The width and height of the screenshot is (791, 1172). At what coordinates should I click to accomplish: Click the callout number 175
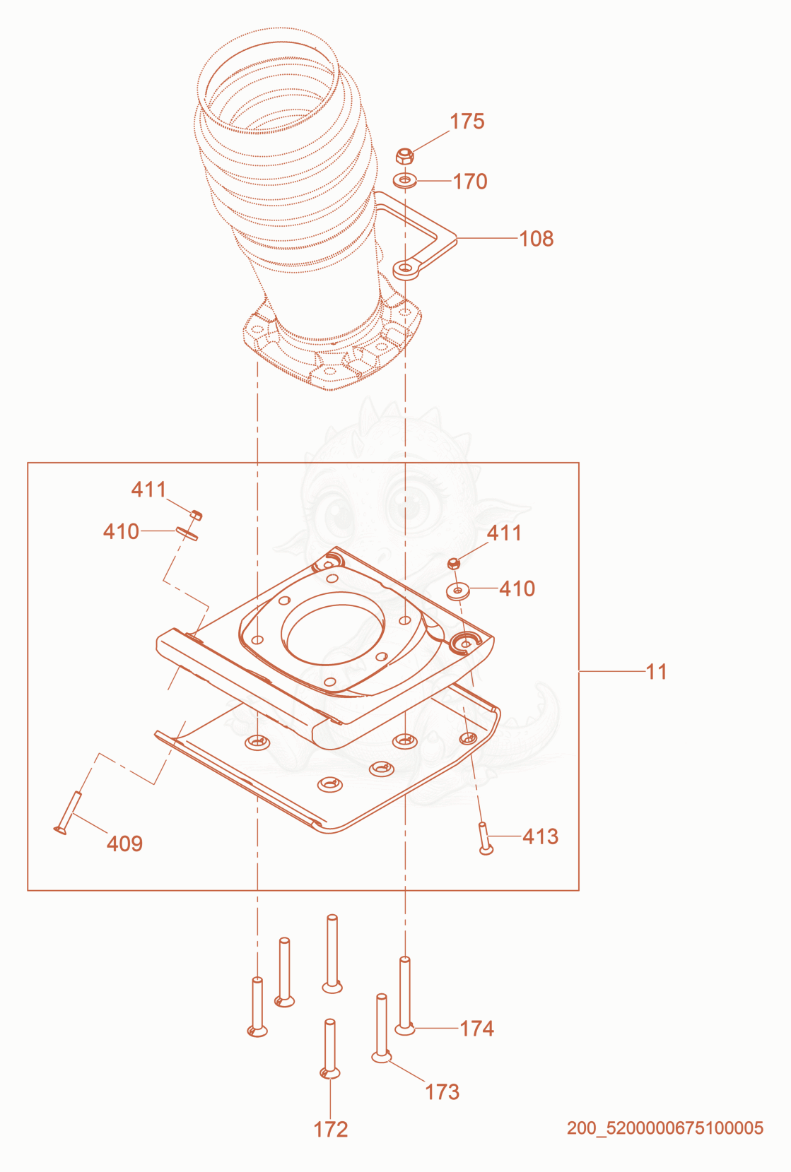click(467, 122)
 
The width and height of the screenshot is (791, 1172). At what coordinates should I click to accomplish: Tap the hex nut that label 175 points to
click(404, 156)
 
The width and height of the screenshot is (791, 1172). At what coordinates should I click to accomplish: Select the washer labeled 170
click(404, 181)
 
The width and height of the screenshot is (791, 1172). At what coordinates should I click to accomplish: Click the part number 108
click(536, 239)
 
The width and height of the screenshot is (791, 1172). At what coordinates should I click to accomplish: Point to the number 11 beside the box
click(657, 672)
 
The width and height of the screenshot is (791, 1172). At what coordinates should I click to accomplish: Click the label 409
click(124, 844)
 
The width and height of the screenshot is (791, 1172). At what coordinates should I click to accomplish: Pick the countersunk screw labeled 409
click(68, 812)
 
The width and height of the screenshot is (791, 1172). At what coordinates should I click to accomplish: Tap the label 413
click(540, 836)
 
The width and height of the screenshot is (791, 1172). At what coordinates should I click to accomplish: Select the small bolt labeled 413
click(485, 838)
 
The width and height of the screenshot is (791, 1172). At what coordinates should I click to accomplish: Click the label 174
click(477, 1029)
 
